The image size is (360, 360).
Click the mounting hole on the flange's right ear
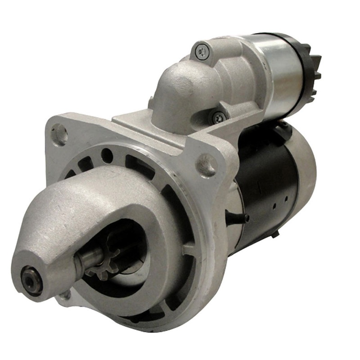click(x=207, y=164)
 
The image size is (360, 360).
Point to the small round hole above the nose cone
click(x=107, y=156)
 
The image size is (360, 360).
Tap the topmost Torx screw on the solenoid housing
click(x=200, y=51)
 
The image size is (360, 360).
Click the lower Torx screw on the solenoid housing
click(x=219, y=117)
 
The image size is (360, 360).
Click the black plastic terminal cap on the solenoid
click(x=310, y=67)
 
